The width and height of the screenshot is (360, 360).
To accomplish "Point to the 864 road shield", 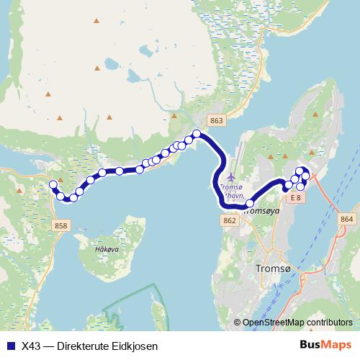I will [347, 218].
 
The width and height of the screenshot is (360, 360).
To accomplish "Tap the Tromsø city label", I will [274, 269].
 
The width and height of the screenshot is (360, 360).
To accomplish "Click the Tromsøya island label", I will [261, 212].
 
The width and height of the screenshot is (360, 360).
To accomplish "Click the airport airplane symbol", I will [230, 176].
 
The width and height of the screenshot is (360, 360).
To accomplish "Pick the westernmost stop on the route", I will [53, 185].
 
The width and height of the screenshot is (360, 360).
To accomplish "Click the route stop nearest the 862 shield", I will [250, 204].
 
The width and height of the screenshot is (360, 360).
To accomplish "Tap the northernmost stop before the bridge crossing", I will [197, 132].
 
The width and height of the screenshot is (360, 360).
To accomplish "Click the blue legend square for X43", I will [10, 346].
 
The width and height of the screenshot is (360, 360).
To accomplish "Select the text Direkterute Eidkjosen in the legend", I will [101, 346].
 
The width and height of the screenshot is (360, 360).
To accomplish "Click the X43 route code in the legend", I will [32, 346].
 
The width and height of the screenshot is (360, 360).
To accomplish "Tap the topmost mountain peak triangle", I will [96, 19].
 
